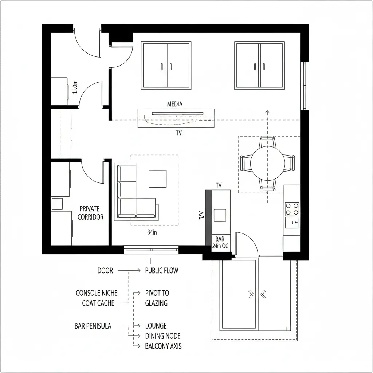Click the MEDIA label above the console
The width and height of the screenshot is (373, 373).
[x=174, y=104]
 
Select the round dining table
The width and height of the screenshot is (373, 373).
[x=267, y=163]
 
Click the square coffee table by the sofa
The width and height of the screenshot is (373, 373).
[x=157, y=179]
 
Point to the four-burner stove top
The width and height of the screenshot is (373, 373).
[x=292, y=209]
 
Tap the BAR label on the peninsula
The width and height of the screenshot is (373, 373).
[x=220, y=239]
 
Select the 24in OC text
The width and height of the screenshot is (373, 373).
[x=220, y=246]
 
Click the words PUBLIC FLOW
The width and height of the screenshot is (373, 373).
[x=161, y=271]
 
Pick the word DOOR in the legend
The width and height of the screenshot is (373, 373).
[x=105, y=271]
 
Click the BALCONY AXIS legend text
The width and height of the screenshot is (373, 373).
[x=163, y=346]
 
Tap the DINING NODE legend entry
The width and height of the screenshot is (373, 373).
[x=163, y=336]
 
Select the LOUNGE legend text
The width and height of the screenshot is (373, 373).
[x=156, y=326]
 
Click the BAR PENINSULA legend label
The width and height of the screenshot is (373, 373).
[x=93, y=326]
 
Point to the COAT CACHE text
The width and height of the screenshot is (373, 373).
[x=98, y=303]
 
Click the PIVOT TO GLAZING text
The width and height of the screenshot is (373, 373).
[x=157, y=298]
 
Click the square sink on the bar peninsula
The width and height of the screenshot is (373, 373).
[x=220, y=215]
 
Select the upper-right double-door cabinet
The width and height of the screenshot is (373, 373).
[x=259, y=66]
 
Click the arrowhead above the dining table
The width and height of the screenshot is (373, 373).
[x=267, y=112]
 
